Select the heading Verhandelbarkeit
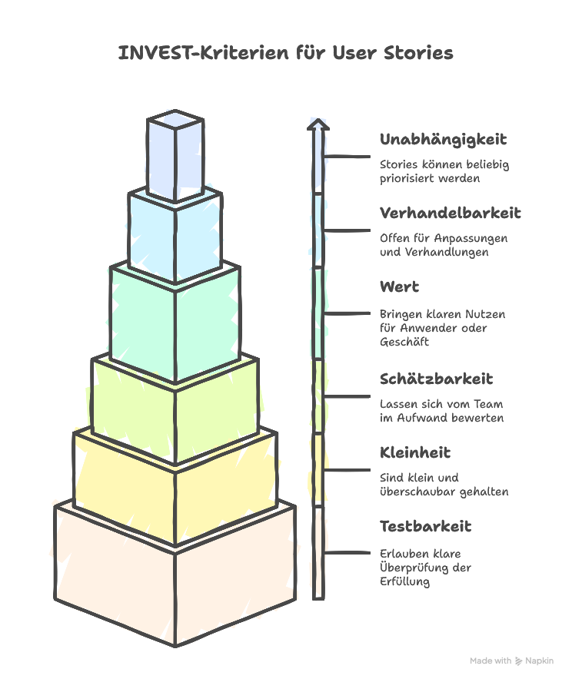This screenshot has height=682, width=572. point(450,213)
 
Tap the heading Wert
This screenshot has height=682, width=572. point(399,286)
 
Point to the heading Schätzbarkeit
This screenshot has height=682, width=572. point(436,379)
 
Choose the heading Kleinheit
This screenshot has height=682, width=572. point(415,452)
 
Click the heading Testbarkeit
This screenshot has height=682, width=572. point(425,526)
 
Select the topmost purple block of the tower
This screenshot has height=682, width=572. point(175,154)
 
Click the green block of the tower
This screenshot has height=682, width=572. point(175,323)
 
